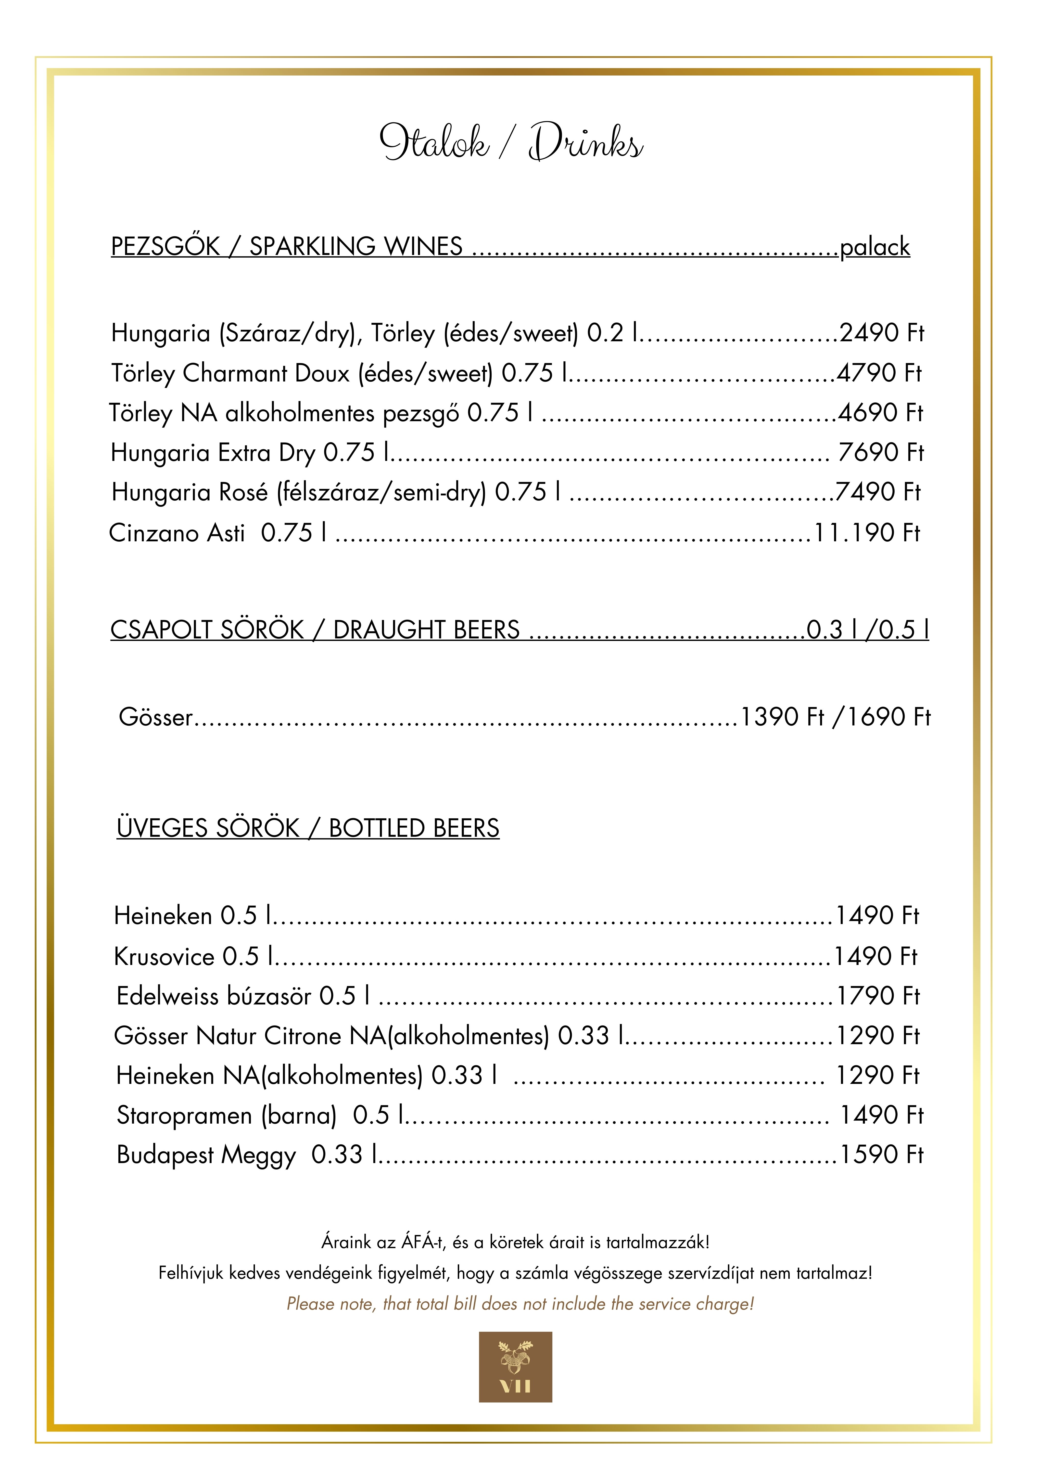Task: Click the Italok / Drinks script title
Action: pos(511,142)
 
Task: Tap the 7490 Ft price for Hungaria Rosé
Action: pos(878,492)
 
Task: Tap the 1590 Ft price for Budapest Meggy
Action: pos(881,1154)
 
